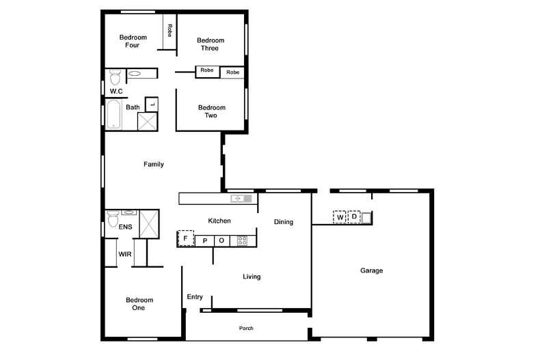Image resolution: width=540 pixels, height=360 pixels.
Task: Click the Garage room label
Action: pos(371,271)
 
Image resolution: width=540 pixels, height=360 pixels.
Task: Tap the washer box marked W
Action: pos(340,217)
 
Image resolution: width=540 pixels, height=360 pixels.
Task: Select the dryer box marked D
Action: pos(354,217)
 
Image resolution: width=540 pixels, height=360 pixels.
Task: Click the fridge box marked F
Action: pos(186,238)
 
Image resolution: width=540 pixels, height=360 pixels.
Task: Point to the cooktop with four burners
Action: pos(242,240)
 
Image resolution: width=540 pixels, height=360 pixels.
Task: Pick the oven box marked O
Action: pos(221,241)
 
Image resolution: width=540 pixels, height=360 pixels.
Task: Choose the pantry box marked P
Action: pos(205,241)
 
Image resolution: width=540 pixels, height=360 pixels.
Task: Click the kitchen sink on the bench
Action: pos(241,199)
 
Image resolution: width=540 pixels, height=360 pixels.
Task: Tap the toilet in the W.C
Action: pos(115,77)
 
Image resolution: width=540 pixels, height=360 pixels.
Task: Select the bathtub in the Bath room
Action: pos(113,114)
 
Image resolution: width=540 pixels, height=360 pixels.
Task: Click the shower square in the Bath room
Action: pos(148,122)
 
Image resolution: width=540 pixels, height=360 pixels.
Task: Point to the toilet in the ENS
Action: pos(113,219)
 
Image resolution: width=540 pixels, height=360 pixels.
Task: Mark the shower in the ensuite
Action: pos(149,224)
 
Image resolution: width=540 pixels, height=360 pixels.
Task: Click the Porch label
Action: pos(246,329)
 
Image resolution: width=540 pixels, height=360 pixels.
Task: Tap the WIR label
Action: pos(124,254)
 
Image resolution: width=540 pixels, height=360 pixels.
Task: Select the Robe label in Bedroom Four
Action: pos(170,30)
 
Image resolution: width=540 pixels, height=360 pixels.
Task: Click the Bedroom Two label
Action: pos(211,111)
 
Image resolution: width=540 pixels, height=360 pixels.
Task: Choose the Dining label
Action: pos(284,222)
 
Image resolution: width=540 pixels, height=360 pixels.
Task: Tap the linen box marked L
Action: pos(152,105)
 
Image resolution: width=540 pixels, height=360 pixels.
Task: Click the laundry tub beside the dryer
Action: pos(366,217)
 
